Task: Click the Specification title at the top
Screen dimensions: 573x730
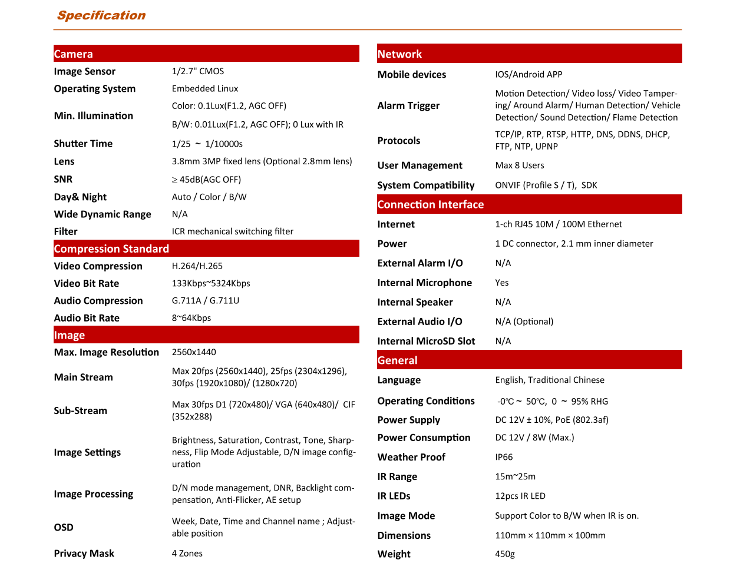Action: tap(101, 15)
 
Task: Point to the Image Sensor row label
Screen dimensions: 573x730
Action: tap(85, 71)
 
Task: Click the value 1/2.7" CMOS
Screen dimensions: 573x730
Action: tap(198, 71)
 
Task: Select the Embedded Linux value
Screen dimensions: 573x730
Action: tap(205, 88)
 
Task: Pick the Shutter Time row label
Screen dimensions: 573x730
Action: tap(83, 144)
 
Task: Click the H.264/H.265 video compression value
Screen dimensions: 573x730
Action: tap(197, 266)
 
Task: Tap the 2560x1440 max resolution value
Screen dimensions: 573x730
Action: tap(194, 352)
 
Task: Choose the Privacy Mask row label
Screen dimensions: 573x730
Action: tap(84, 554)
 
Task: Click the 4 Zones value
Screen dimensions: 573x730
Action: tap(187, 554)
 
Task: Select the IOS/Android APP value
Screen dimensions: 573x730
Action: tap(528, 75)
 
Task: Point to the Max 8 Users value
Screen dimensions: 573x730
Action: tap(520, 165)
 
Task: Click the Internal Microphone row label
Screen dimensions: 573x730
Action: tap(425, 283)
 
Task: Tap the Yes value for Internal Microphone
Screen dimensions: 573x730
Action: tap(502, 283)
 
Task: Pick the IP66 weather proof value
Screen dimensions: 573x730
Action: tap(504, 457)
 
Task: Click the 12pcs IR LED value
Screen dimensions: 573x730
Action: tap(520, 496)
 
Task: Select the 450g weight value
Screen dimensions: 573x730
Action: tap(505, 554)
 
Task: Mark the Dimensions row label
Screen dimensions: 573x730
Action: tap(404, 535)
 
